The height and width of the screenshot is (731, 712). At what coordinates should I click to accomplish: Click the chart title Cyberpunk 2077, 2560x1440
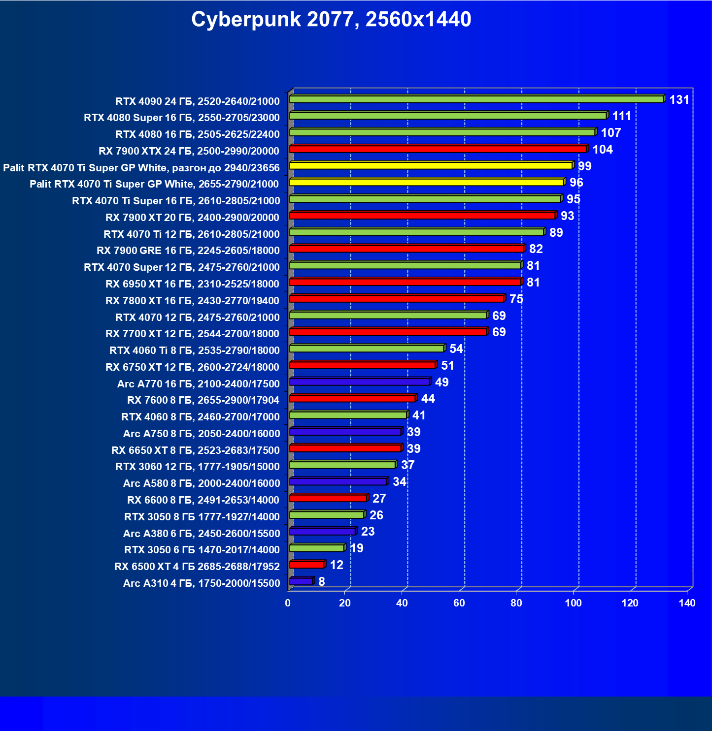pos(331,20)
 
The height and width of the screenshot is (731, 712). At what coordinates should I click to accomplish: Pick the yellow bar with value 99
pos(431,166)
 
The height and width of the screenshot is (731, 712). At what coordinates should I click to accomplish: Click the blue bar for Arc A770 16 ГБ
pos(359,382)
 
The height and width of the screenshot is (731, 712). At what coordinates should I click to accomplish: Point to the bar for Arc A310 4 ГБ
pos(301,582)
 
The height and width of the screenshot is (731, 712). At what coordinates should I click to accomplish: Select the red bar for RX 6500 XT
pos(306,565)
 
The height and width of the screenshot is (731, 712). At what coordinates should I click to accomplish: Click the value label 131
pos(679,100)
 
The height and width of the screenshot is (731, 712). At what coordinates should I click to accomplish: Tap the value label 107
pos(610,133)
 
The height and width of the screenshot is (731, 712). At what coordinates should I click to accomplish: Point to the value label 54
pos(456,349)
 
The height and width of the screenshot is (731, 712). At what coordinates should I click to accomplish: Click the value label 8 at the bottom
pos(322,582)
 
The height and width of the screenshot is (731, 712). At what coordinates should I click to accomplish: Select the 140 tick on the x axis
pos(687,604)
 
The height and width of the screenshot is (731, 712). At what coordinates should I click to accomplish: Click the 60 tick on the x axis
pos(459,604)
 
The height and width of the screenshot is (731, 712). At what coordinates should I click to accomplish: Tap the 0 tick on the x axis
pos(288,604)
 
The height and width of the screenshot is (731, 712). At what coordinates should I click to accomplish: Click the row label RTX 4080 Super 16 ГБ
pos(181,118)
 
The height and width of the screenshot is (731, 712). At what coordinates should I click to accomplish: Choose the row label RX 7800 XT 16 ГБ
pos(192,301)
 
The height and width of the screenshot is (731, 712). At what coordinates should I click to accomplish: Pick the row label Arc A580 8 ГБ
pos(201,483)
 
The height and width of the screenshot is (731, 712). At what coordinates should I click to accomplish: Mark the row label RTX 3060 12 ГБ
pos(197,467)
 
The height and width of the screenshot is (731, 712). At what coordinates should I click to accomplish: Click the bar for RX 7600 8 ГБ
pos(352,399)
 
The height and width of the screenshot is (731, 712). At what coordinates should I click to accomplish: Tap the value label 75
pos(516,299)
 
